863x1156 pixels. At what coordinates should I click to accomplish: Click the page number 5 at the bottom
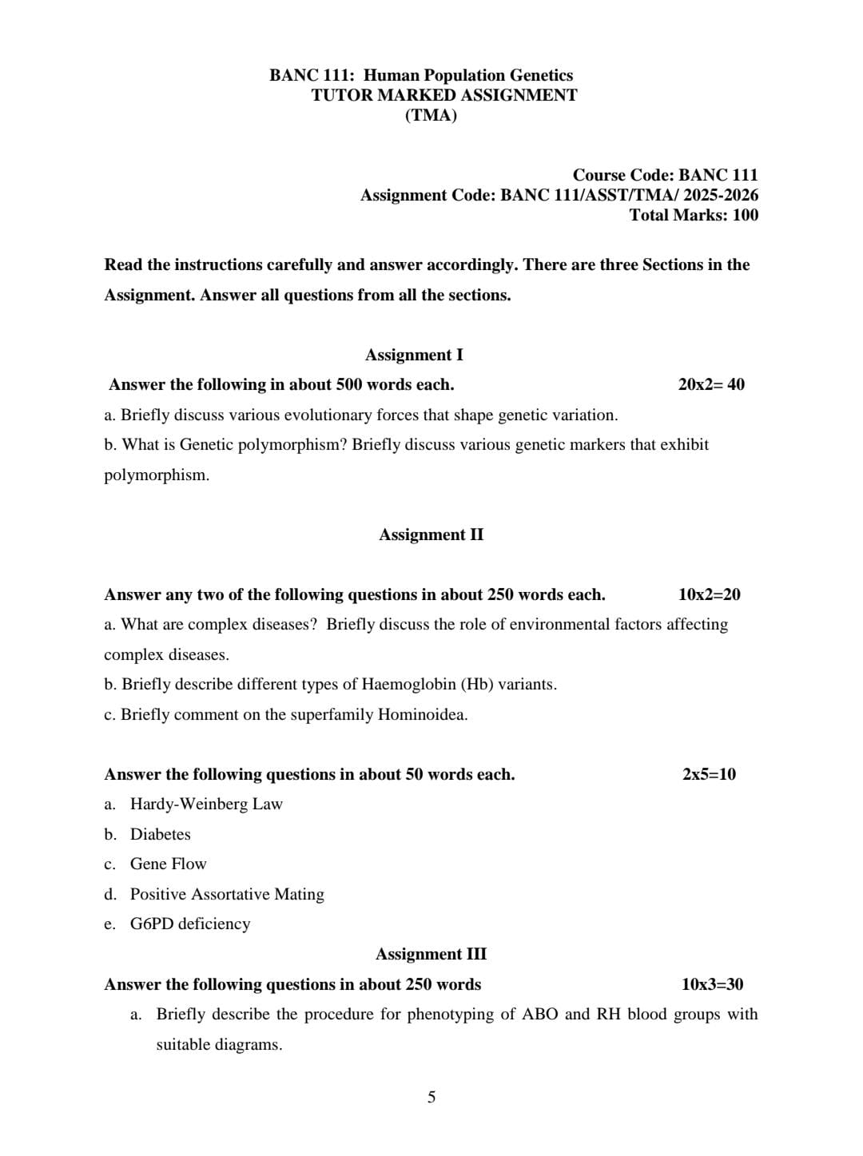tap(431, 1097)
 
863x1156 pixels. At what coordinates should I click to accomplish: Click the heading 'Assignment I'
tap(414, 355)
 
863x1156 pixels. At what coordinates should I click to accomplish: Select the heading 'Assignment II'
tap(431, 534)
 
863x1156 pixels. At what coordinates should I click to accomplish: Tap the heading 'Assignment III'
tap(431, 954)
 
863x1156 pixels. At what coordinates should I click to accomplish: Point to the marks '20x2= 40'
tap(711, 384)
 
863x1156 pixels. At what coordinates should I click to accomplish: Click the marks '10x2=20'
tap(709, 594)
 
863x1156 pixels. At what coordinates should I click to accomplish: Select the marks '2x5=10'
tap(709, 774)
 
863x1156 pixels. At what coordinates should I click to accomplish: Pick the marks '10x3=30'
tap(712, 984)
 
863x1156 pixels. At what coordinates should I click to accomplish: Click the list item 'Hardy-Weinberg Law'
tap(206, 804)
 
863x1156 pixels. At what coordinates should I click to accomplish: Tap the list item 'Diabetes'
tap(160, 834)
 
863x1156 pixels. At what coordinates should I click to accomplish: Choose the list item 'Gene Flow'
tap(168, 864)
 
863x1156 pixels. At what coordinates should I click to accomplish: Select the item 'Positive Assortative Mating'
tap(227, 894)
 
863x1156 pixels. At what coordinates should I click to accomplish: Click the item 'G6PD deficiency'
tap(190, 924)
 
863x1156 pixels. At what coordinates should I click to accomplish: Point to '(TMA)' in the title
tap(431, 115)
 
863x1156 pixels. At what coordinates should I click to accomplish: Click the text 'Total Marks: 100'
tap(694, 215)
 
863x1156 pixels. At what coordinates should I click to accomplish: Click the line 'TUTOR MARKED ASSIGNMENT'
tap(444, 95)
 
